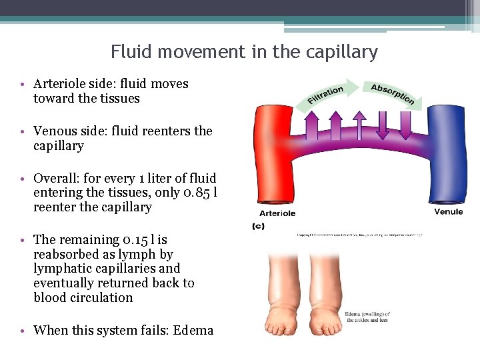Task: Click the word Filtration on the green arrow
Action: [x=326, y=95]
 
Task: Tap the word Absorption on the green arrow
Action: [x=393, y=94]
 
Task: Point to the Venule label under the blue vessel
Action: [x=448, y=212]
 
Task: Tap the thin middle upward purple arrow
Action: [x=359, y=125]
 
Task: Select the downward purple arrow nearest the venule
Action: [x=405, y=125]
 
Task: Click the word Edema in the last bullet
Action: [x=193, y=330]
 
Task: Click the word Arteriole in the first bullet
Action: [x=61, y=84]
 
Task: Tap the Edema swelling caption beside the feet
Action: [x=368, y=317]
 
